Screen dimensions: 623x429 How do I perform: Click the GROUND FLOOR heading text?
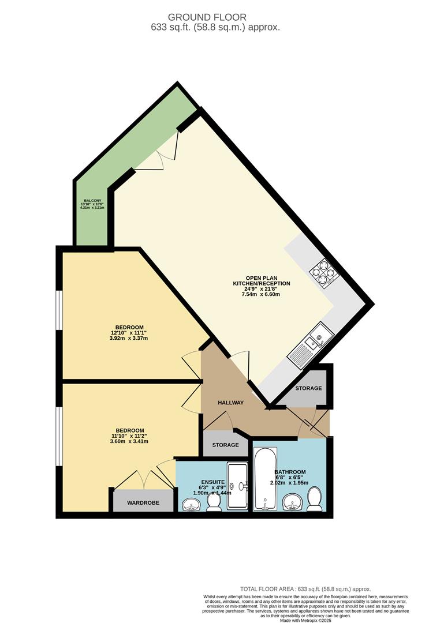[214, 18]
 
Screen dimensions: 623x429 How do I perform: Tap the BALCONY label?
[92, 201]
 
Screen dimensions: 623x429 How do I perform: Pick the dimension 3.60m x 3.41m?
[129, 442]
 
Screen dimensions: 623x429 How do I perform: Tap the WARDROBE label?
[143, 503]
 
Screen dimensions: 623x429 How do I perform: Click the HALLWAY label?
[230, 403]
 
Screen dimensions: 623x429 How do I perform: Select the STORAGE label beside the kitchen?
[308, 388]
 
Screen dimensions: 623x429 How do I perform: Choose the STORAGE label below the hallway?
[225, 445]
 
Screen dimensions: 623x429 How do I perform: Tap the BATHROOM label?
[290, 472]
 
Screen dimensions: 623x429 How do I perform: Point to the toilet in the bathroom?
[315, 499]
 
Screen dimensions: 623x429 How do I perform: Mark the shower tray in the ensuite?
[237, 486]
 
